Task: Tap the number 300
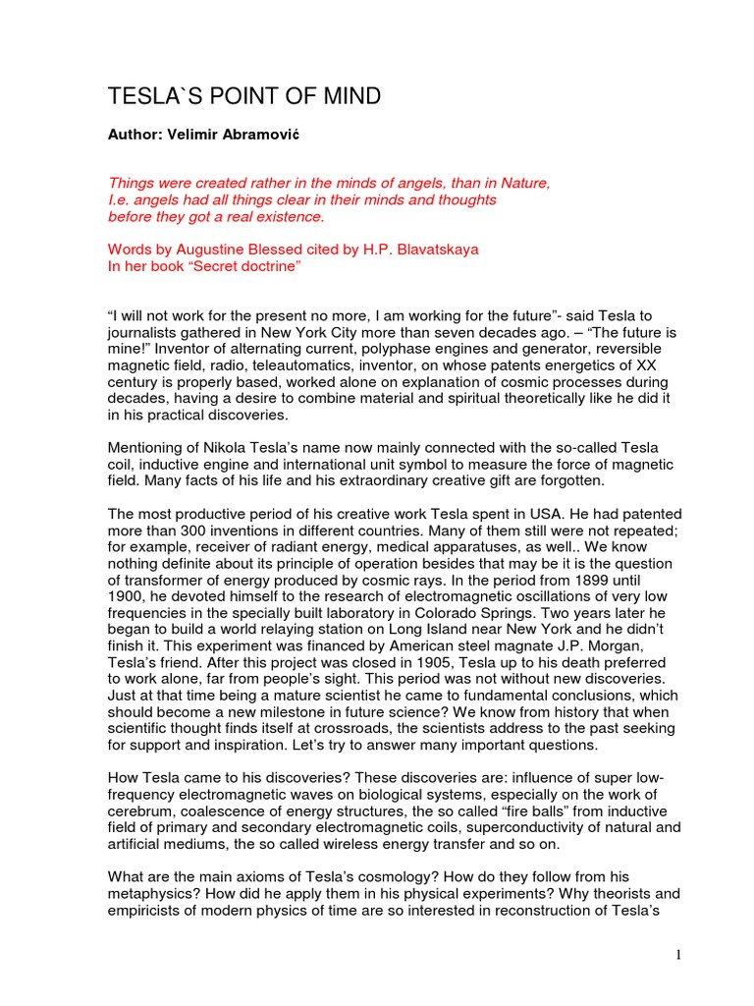196,531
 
